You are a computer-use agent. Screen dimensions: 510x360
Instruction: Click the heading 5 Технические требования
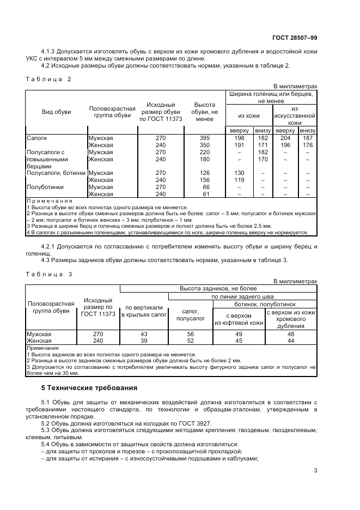89,387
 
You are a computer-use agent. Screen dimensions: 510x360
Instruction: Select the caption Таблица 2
49,79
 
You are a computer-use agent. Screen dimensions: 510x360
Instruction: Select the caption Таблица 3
49,274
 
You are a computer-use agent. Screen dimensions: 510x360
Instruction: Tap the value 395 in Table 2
204,138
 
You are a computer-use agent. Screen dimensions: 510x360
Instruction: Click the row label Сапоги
37,138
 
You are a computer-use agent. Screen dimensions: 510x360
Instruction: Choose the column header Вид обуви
57,112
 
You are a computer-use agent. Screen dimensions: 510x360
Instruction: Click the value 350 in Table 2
204,145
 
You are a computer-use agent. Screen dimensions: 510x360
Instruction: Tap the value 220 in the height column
204,153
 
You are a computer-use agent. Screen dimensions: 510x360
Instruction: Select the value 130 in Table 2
239,173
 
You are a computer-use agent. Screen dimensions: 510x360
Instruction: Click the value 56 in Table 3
190,333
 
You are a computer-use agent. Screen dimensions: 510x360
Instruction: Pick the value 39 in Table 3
144,341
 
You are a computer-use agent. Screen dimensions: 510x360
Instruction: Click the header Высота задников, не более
218,288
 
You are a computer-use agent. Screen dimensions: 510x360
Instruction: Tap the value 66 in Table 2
204,187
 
